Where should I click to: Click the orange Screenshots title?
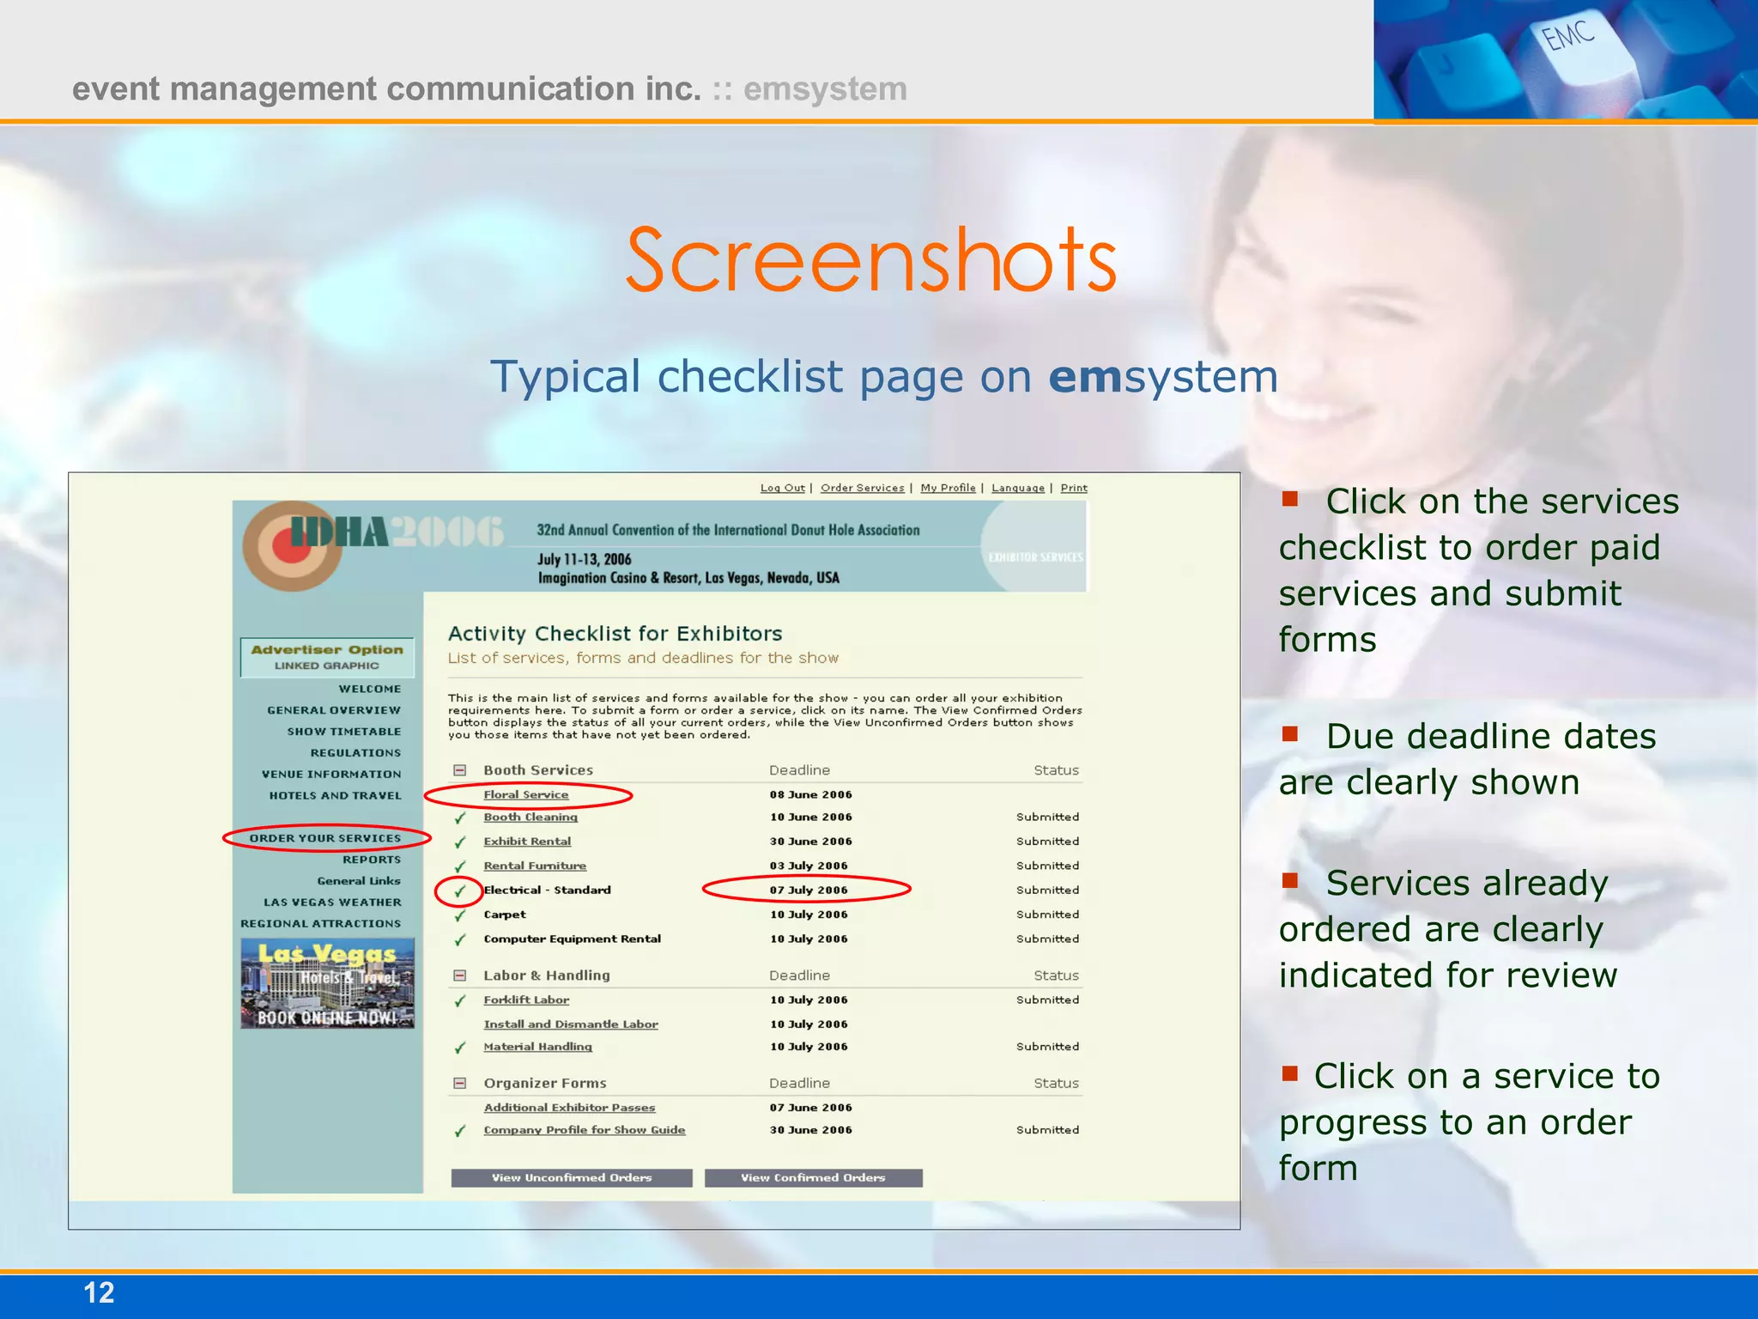[871, 259]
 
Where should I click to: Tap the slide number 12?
[99, 1292]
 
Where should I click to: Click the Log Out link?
[782, 488]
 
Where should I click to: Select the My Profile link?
[948, 488]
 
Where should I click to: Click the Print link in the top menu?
[1073, 488]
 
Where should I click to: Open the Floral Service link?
[525, 794]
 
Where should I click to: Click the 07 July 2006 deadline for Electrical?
[808, 890]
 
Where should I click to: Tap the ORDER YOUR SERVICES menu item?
[324, 838]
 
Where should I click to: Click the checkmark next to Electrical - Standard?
[459, 890]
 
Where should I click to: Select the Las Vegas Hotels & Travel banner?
[327, 983]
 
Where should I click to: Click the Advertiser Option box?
[327, 657]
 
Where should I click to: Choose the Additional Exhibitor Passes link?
[569, 1108]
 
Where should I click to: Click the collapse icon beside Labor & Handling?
[459, 976]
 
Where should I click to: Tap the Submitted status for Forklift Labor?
[1047, 1000]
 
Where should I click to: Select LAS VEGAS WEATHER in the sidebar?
[332, 903]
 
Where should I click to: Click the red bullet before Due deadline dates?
[1289, 733]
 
